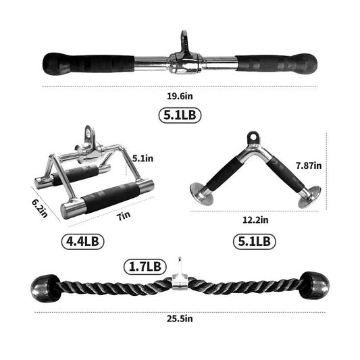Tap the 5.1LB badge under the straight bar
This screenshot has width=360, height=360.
(180, 115)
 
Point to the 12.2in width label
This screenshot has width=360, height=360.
(255, 219)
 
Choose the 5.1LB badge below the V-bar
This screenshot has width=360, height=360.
(253, 240)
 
